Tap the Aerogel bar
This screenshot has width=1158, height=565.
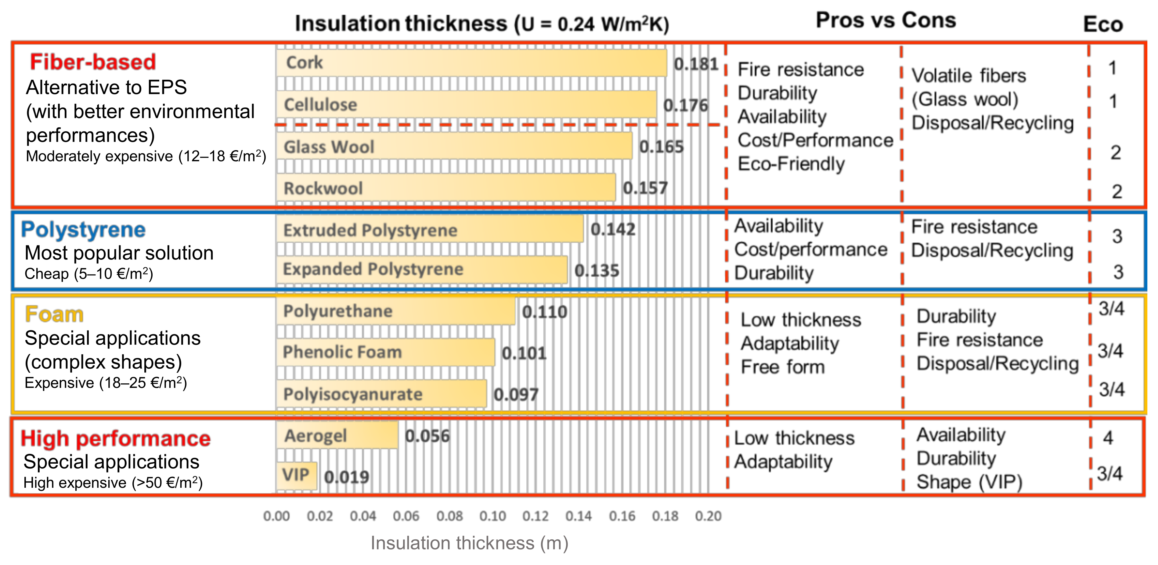(x=337, y=436)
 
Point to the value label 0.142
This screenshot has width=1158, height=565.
(x=613, y=230)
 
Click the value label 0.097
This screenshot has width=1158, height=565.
(x=516, y=394)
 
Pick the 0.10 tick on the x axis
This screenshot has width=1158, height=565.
(x=493, y=516)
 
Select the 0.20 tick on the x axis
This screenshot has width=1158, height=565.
(x=709, y=516)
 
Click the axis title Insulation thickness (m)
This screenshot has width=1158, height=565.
(x=469, y=543)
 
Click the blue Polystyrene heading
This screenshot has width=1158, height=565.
(x=83, y=230)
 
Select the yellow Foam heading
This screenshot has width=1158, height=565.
(x=54, y=314)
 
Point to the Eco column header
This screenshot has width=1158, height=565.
(x=1103, y=24)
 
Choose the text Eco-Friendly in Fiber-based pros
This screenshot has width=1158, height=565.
(x=791, y=164)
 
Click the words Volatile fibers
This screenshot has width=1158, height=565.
(x=969, y=76)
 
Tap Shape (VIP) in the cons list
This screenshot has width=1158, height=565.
(x=969, y=482)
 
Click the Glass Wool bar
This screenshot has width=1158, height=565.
(x=454, y=146)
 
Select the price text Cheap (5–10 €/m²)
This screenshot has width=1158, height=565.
(x=88, y=273)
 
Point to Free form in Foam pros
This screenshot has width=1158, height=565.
(x=783, y=367)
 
